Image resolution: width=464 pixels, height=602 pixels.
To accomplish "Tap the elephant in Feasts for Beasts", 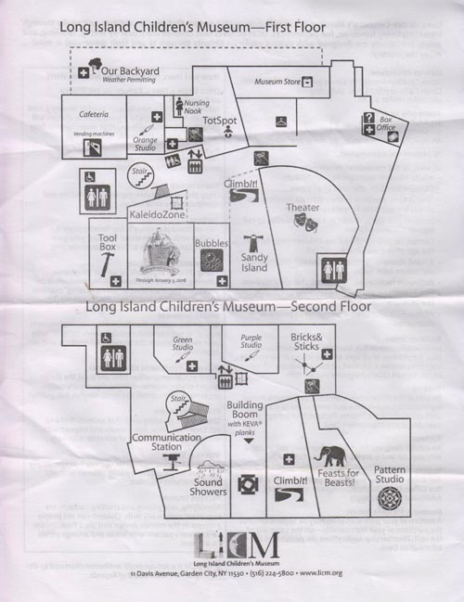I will (x=329, y=456).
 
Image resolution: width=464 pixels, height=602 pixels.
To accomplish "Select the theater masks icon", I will (x=303, y=223).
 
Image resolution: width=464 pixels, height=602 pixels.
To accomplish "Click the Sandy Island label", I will (x=254, y=263).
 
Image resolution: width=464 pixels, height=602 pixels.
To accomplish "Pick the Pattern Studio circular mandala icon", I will (x=390, y=499).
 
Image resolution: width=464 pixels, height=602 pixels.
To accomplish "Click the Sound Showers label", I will (x=209, y=486).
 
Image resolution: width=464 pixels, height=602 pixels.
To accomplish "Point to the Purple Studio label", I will (x=251, y=343).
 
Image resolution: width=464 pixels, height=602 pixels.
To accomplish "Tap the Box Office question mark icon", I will (x=368, y=118).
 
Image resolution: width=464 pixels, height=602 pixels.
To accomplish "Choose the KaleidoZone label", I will (x=157, y=215).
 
